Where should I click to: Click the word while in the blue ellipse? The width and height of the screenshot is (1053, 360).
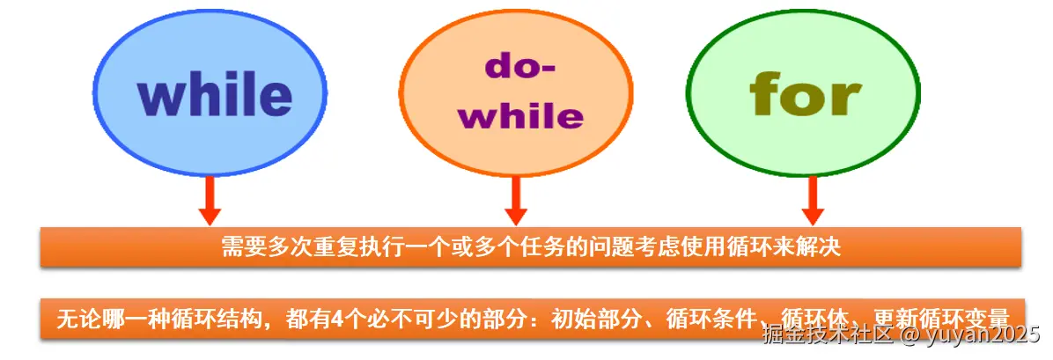click(215, 96)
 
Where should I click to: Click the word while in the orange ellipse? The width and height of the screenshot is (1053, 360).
click(520, 116)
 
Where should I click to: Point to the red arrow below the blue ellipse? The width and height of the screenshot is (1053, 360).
click(209, 200)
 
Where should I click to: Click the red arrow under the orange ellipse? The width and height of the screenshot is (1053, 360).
click(516, 200)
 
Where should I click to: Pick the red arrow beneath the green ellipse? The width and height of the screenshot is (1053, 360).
click(812, 200)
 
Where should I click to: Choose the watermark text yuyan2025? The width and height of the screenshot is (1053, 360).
click(983, 335)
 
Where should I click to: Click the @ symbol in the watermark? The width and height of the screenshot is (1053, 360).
click(909, 335)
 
